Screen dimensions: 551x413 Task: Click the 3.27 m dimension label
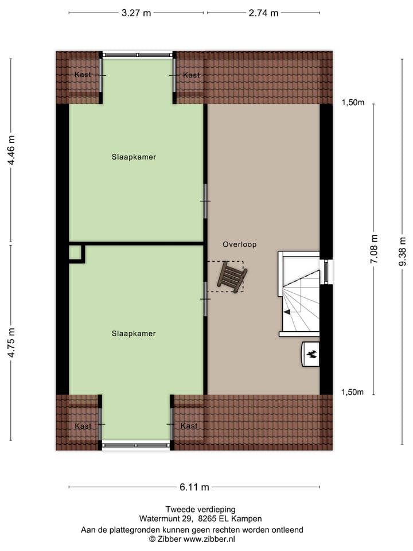pos(136,13)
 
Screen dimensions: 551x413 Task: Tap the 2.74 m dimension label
pos(263,13)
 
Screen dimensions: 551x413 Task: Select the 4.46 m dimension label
pos(11,150)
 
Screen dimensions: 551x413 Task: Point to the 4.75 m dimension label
pos(11,343)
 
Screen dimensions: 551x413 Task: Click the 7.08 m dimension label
pos(374,250)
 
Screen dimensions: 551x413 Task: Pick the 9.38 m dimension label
pos(403,250)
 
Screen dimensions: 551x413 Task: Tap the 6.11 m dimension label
pos(194,487)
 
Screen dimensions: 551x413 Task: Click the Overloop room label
pos(240,245)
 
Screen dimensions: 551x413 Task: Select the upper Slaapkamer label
pos(134,157)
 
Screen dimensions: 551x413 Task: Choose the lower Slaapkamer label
pos(134,333)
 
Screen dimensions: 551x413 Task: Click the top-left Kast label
pos(83,75)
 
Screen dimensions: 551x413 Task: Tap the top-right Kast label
pos(191,75)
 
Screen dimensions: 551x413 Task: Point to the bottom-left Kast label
pos(83,426)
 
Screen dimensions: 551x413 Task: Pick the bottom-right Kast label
pos(189,426)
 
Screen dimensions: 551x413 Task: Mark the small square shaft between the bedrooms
pos(75,253)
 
